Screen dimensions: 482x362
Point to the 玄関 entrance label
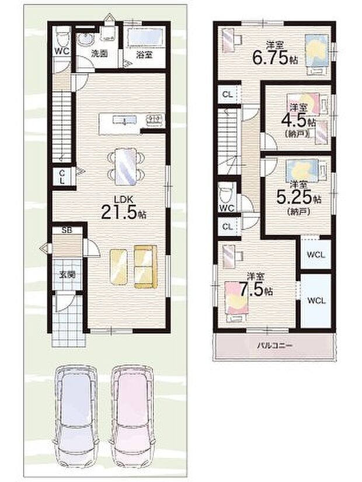pyautogui.click(x=65, y=274)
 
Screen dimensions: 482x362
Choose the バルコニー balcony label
pyautogui.click(x=276, y=345)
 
